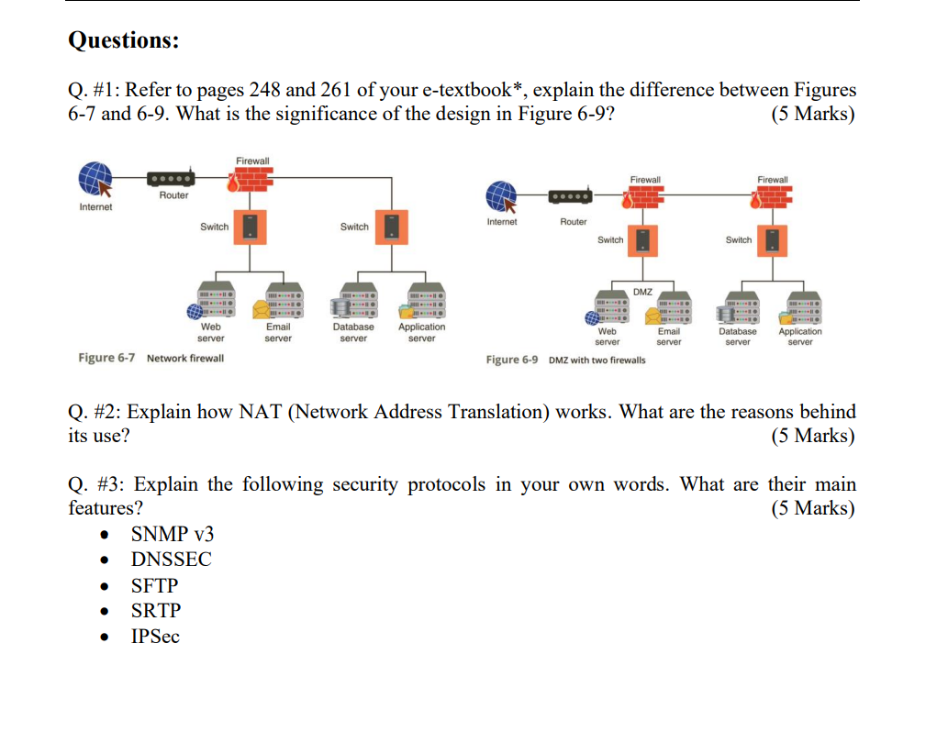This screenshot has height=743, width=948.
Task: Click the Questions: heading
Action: (124, 40)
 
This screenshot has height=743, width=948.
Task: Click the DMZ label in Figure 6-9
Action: (642, 292)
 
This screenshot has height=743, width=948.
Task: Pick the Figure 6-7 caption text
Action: (151, 358)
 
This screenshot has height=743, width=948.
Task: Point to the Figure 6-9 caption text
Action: (565, 360)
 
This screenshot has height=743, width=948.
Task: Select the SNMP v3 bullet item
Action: (173, 534)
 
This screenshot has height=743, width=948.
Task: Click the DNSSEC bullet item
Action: (171, 560)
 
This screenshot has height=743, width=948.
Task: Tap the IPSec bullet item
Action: (155, 637)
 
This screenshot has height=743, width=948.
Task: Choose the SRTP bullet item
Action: (156, 611)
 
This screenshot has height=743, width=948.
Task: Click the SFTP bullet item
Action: (155, 585)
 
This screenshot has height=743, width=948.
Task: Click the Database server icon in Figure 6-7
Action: (353, 302)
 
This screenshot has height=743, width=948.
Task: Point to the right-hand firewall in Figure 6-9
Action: (773, 198)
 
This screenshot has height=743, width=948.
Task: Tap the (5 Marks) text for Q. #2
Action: (812, 436)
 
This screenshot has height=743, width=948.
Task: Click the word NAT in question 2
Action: (261, 412)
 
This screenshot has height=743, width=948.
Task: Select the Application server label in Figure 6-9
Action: (800, 337)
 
